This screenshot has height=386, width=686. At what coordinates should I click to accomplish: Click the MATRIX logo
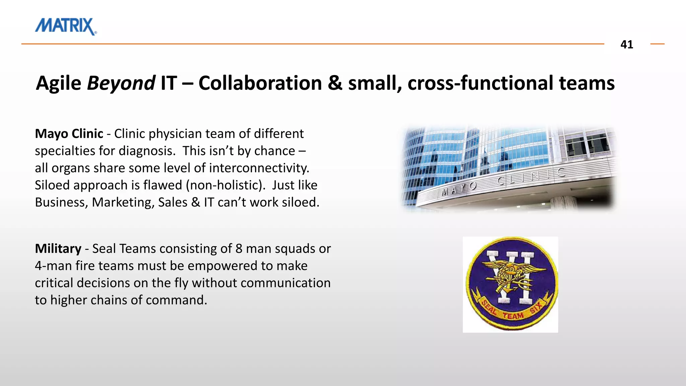pyautogui.click(x=66, y=26)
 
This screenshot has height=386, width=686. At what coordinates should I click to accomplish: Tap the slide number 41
pyautogui.click(x=626, y=44)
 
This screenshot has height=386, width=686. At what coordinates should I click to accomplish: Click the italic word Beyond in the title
pyautogui.click(x=121, y=83)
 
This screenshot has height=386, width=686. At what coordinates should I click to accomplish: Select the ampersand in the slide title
pyautogui.click(x=335, y=83)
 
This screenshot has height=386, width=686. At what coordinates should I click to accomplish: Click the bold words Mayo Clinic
pyautogui.click(x=69, y=134)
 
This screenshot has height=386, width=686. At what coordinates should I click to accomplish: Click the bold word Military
pyautogui.click(x=58, y=249)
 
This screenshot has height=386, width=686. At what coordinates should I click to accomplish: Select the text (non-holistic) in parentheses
pyautogui.click(x=225, y=185)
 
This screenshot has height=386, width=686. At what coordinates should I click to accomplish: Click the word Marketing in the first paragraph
pyautogui.click(x=123, y=202)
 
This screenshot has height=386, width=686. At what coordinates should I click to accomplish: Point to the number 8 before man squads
pyautogui.click(x=239, y=249)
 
